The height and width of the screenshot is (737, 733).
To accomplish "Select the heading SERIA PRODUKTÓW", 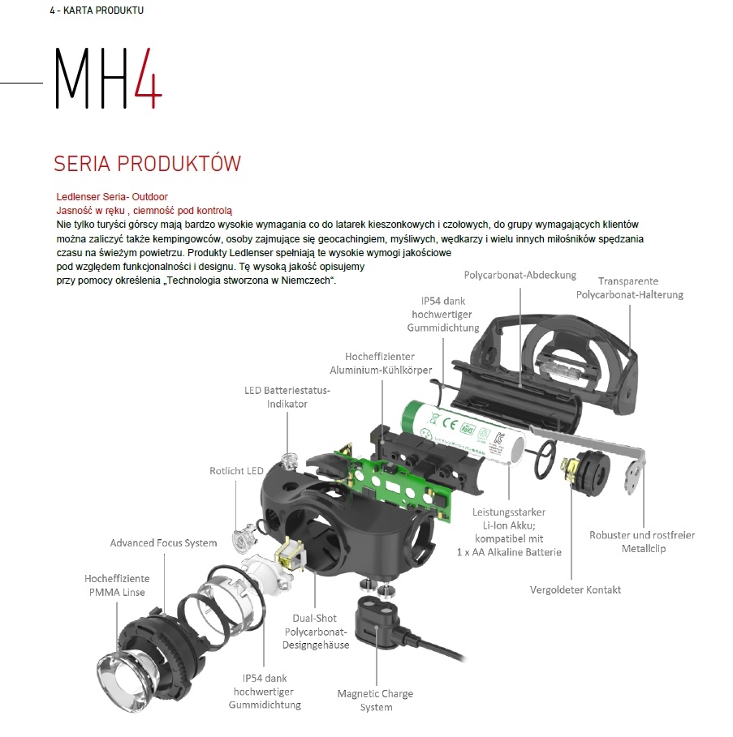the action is (x=147, y=164).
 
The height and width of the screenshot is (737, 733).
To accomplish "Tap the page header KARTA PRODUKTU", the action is (x=104, y=11).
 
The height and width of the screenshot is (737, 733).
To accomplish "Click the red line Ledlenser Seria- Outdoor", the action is (x=112, y=196).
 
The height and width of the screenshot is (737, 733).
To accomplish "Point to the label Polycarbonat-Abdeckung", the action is (x=520, y=275).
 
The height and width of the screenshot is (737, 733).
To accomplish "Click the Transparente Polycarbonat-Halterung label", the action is (x=629, y=288).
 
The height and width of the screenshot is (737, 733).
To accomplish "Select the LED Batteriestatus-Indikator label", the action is (x=287, y=397).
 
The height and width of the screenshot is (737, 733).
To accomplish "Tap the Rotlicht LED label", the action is (x=236, y=471).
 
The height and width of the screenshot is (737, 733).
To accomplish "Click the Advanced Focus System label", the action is (x=163, y=543).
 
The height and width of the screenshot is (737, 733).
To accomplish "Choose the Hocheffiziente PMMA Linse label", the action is (x=117, y=585).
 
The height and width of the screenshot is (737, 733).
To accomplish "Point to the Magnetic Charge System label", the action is (x=376, y=701).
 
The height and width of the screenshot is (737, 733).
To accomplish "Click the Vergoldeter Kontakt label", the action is (x=576, y=590).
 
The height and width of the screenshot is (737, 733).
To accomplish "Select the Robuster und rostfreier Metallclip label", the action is (x=642, y=542).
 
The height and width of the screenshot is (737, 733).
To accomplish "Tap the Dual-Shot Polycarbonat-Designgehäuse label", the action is (x=315, y=632).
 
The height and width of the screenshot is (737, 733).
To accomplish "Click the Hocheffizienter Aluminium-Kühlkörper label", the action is (x=381, y=363).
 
